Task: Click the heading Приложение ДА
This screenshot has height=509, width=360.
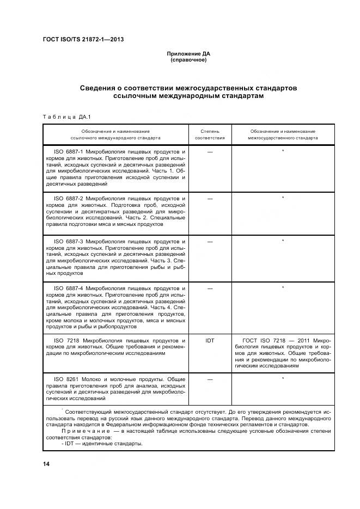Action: click(x=188, y=53)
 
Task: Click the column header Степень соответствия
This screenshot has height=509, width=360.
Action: click(x=210, y=134)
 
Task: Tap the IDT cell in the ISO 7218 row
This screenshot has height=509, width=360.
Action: click(x=210, y=340)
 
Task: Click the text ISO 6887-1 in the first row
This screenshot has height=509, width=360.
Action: click(x=68, y=150)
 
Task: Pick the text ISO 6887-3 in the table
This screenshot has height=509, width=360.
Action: click(x=68, y=241)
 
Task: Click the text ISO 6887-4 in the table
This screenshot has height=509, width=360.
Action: click(x=68, y=287)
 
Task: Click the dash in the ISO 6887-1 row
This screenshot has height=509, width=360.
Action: click(x=210, y=151)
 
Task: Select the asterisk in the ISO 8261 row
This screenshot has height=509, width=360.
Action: click(x=283, y=378)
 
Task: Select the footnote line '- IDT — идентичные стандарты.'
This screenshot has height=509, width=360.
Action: click(x=102, y=444)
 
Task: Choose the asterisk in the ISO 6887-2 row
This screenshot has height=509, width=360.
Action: click(x=283, y=198)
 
